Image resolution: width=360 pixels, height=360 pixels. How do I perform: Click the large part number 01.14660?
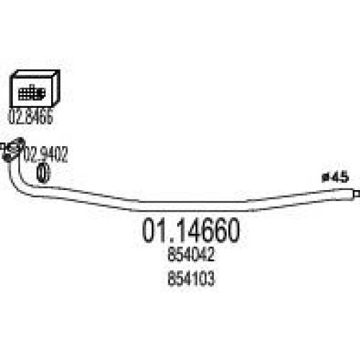click(x=191, y=230)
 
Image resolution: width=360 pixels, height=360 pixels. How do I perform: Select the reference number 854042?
click(x=191, y=255)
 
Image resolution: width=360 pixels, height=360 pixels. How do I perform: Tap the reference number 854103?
click(x=191, y=279)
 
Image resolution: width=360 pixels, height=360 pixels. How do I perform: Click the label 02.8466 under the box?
click(x=30, y=117)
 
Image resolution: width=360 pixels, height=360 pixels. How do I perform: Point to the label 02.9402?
click(x=45, y=154)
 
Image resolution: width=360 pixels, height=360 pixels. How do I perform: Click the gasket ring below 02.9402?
click(x=43, y=173)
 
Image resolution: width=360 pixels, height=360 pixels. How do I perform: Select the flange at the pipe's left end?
click(x=13, y=149)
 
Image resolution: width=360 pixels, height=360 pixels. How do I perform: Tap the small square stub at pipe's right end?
click(x=356, y=194)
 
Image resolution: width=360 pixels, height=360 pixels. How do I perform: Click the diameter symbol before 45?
click(x=326, y=178)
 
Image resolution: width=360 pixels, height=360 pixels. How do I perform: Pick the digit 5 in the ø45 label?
click(x=344, y=178)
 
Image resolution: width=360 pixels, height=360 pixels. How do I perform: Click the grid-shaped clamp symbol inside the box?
click(x=32, y=93)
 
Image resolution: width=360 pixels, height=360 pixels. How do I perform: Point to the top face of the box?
click(x=35, y=73)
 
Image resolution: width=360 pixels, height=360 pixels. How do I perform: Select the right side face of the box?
click(x=56, y=88)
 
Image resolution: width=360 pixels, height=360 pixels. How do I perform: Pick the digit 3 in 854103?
click(x=210, y=279)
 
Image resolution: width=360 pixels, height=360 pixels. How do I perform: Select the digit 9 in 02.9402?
click(x=45, y=154)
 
